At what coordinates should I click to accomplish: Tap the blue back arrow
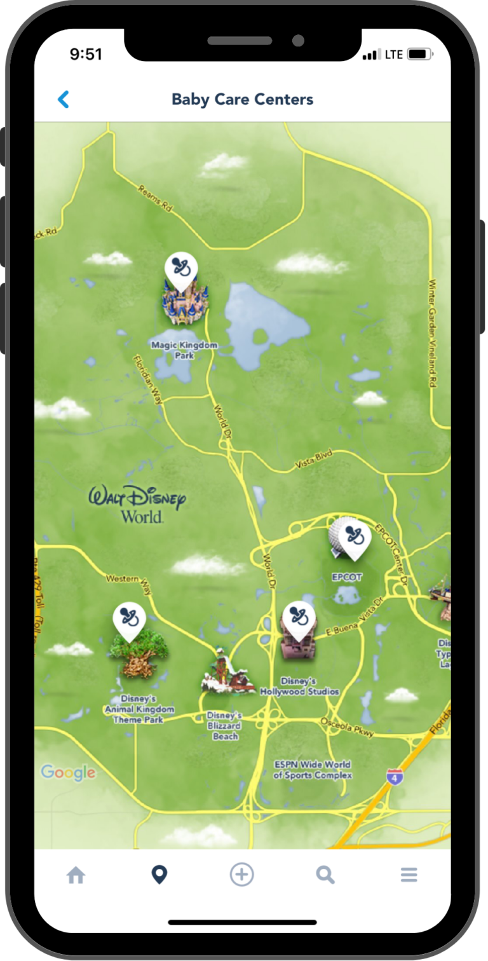tap(64, 99)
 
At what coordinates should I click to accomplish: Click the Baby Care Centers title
tap(242, 99)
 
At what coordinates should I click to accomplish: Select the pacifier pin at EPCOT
tap(355, 538)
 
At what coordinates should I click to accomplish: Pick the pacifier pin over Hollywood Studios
tap(299, 618)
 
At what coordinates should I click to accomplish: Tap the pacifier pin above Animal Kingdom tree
tap(130, 620)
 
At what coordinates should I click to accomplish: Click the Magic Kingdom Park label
tap(184, 350)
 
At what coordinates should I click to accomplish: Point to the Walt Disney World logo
tap(137, 503)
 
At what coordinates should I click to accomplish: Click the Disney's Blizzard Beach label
tap(225, 726)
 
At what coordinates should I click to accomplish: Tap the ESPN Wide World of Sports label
tap(313, 770)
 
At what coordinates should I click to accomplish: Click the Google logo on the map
tap(68, 772)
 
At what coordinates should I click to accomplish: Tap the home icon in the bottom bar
tap(76, 875)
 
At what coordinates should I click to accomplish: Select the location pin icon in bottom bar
tap(159, 875)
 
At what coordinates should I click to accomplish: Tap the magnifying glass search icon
tap(325, 875)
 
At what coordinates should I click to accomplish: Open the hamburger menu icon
tap(409, 875)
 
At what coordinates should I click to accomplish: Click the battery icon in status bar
tap(419, 55)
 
